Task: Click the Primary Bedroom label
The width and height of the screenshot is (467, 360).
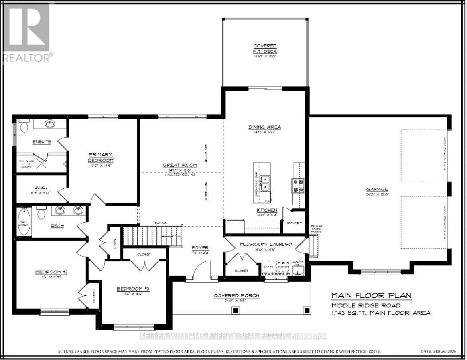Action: (101, 157)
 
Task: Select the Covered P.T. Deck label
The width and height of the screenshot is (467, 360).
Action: (265, 49)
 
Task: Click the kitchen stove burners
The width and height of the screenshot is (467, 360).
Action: (298, 186)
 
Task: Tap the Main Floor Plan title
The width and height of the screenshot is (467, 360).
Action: (371, 296)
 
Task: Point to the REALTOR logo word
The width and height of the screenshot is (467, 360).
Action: (27, 57)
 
